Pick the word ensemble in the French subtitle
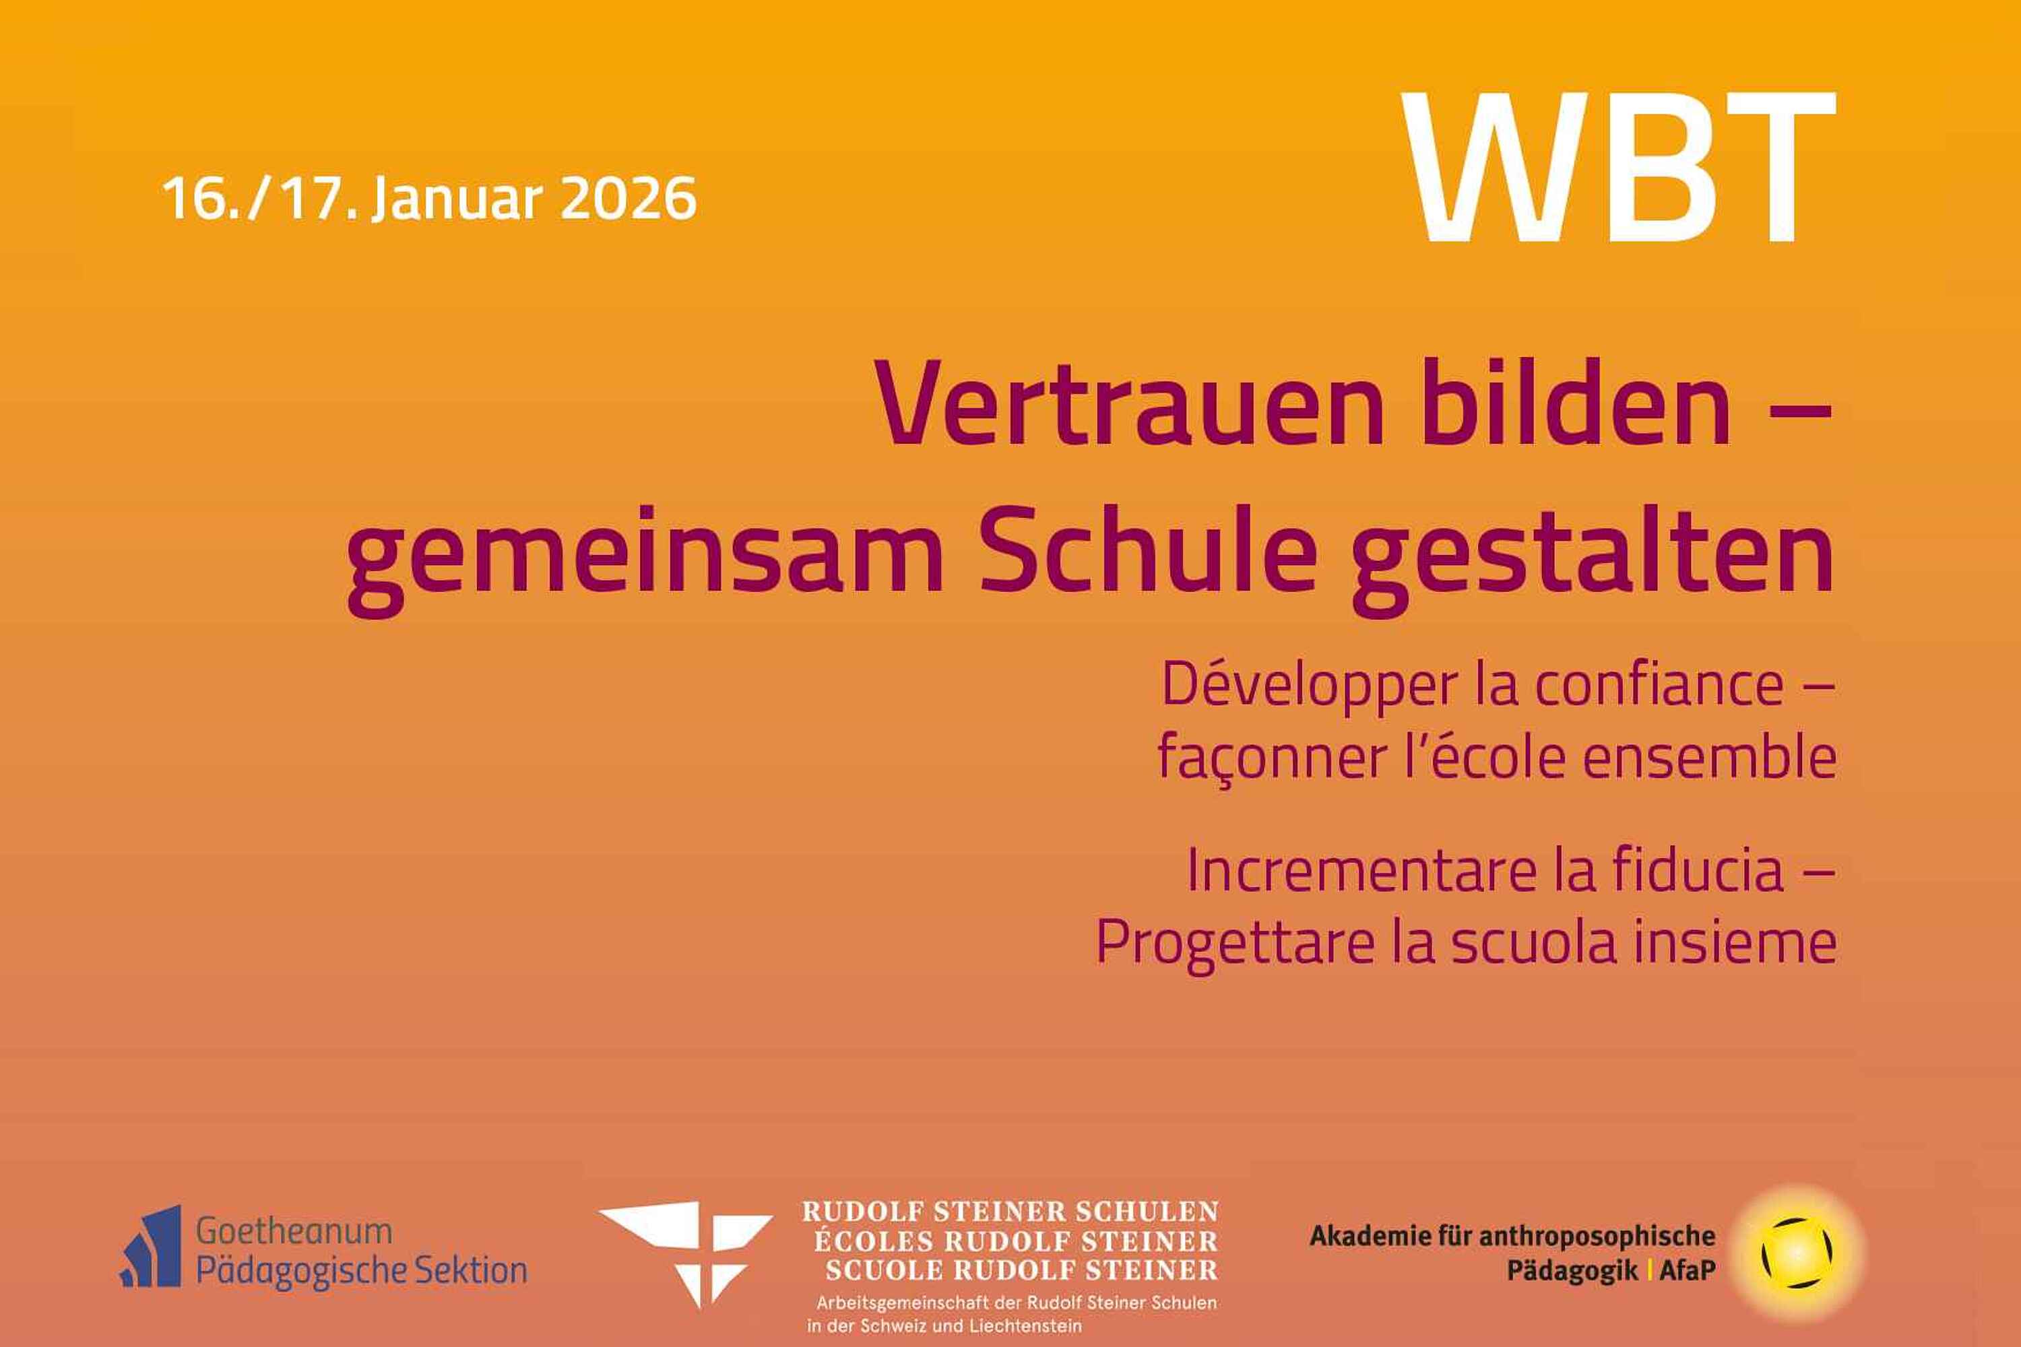1710,758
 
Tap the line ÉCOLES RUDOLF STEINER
1017,1241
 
